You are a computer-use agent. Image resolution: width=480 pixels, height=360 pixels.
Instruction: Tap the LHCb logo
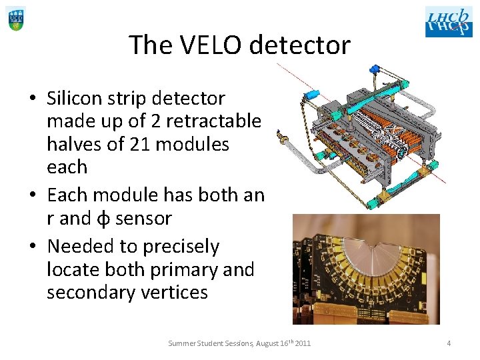point(448,21)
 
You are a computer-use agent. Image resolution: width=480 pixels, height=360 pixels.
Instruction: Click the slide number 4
point(449,343)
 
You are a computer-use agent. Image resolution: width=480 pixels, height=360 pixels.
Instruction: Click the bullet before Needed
point(33,247)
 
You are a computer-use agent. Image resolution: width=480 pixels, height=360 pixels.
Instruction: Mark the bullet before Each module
point(33,195)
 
